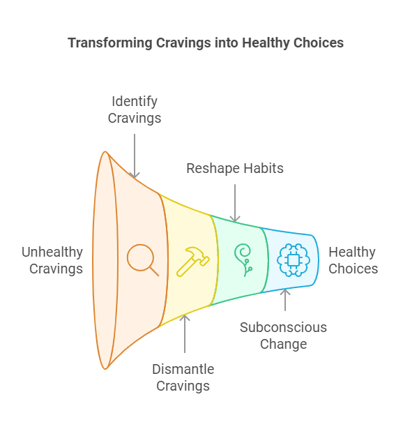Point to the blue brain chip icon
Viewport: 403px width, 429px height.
(294, 260)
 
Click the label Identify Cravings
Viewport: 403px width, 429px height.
(135, 110)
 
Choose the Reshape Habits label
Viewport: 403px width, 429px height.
(235, 168)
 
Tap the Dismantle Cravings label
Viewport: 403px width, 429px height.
(183, 377)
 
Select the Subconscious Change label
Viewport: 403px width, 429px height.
(284, 336)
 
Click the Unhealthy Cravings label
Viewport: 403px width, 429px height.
(52, 260)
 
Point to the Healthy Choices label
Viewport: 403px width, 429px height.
(353, 260)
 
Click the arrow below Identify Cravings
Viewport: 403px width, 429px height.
(135, 156)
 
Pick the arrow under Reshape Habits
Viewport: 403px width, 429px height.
(235, 203)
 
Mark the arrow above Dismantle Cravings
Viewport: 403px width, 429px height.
(185, 334)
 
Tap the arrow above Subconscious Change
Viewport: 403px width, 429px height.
(285, 300)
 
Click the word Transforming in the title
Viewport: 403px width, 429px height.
(110, 43)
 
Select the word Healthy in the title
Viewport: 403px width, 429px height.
(266, 43)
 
